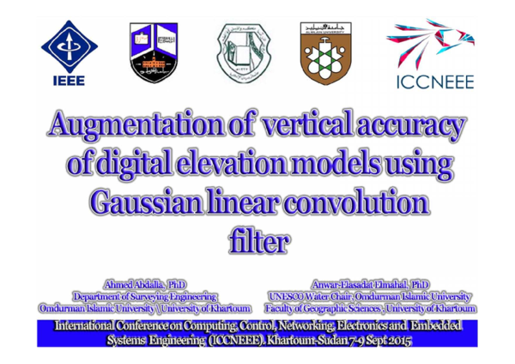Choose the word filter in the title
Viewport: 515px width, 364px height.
point(257,241)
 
